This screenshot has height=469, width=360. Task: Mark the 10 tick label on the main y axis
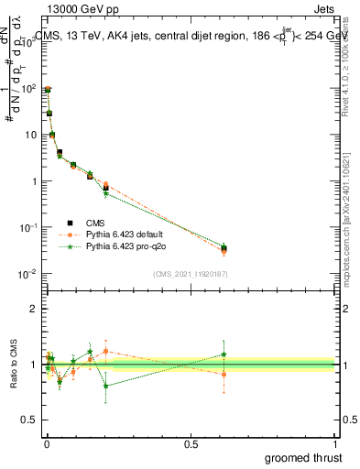click(x=30, y=135)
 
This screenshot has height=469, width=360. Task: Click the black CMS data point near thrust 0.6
click(x=224, y=248)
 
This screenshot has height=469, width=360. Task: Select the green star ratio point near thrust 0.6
click(x=224, y=354)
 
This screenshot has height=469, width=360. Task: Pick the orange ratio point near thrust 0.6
click(x=224, y=374)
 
